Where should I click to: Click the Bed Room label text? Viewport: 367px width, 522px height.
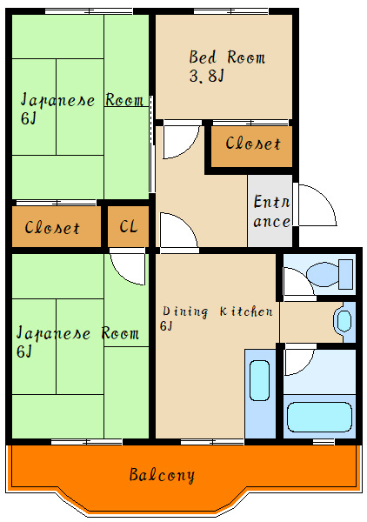(x=227, y=58)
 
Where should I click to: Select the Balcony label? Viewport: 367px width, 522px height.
(x=162, y=475)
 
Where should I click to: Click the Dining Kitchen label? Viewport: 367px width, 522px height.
(x=217, y=311)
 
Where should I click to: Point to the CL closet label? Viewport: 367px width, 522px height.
(x=128, y=227)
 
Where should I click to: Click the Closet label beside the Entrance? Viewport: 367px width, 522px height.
(x=252, y=144)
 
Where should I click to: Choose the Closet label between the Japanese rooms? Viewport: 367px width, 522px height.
(x=52, y=228)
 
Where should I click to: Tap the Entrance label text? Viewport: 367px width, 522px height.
(x=271, y=211)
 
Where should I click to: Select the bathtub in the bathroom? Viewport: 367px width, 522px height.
(x=319, y=416)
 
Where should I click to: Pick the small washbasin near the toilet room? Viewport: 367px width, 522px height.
(x=344, y=320)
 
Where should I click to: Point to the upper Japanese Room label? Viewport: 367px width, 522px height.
(x=82, y=100)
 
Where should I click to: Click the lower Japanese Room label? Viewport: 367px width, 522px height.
(x=77, y=334)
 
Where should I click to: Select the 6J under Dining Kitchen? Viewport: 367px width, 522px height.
(x=165, y=326)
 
